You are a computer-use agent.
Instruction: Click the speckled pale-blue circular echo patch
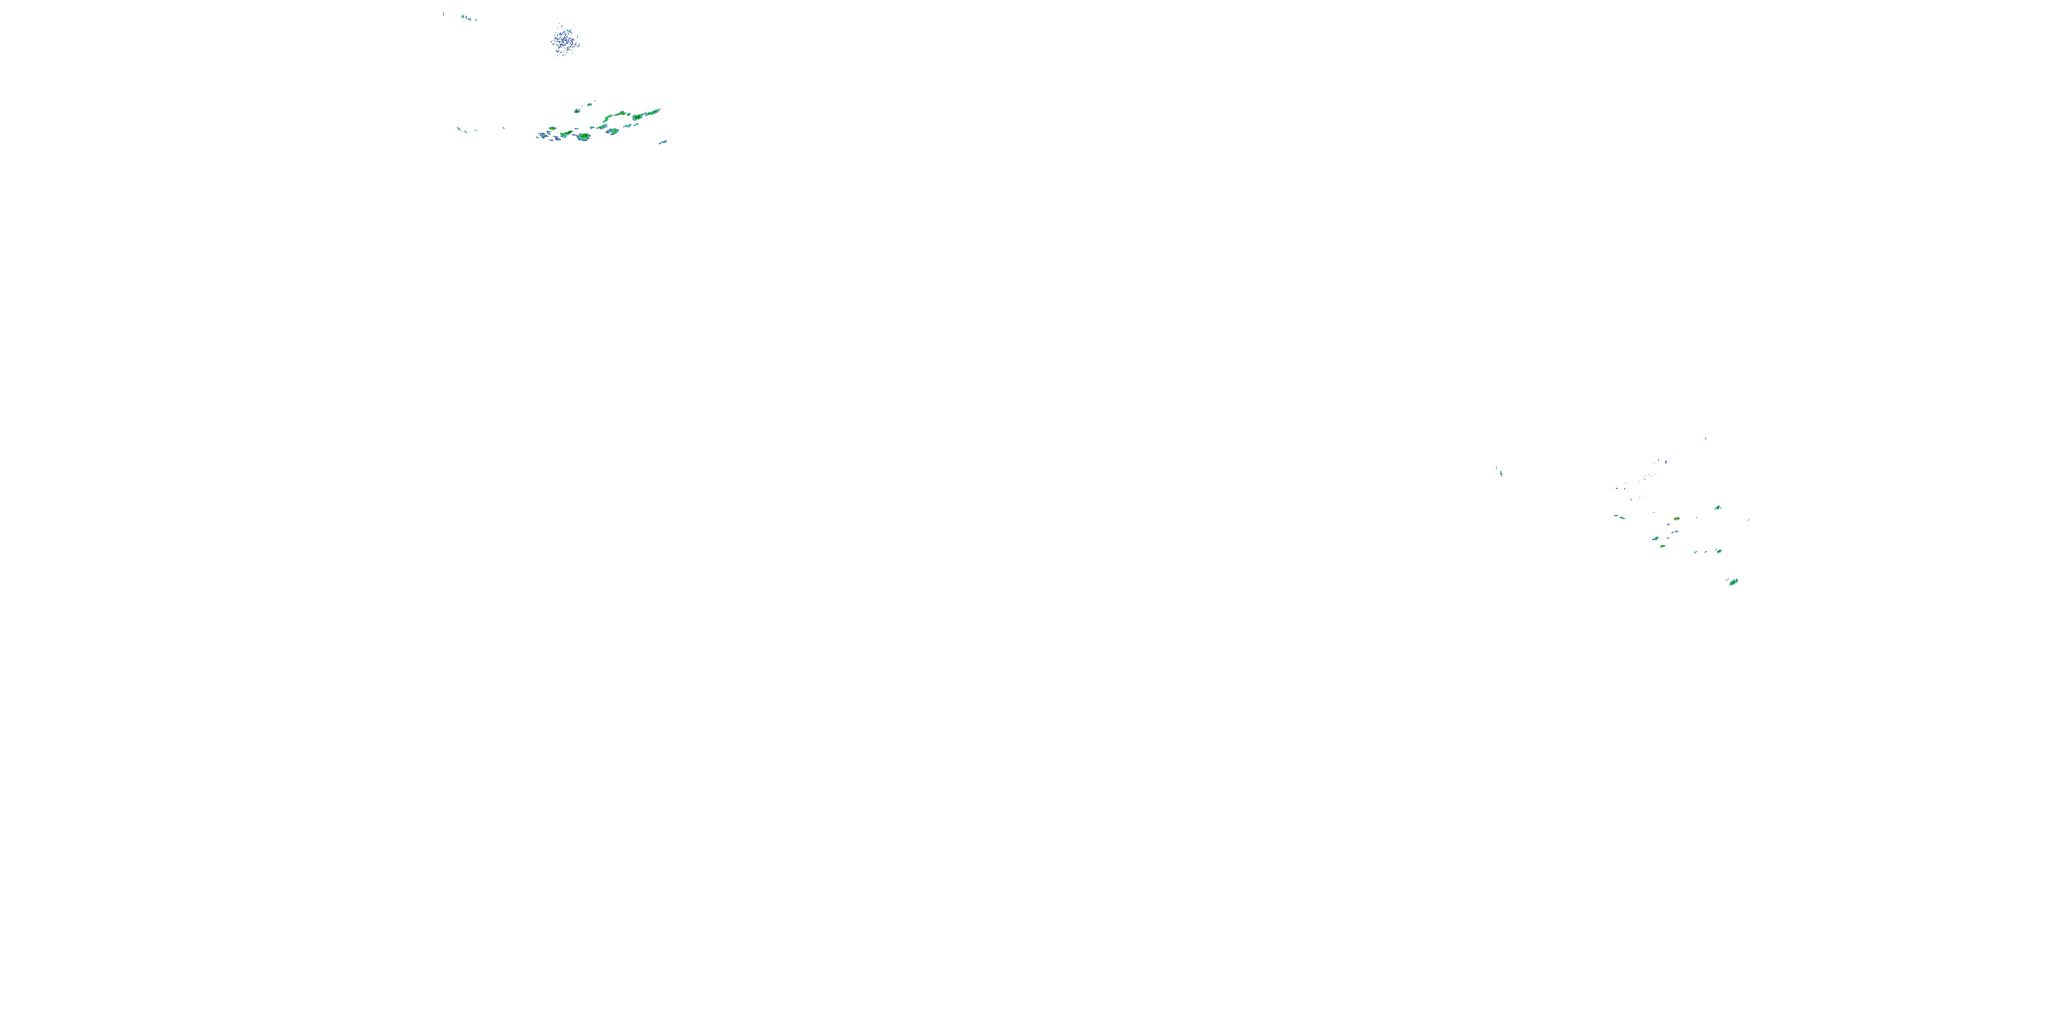click(565, 40)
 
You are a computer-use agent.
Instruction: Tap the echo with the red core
click(1677, 519)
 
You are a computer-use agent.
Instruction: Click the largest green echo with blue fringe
click(585, 136)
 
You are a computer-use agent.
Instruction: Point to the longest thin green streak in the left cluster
click(654, 112)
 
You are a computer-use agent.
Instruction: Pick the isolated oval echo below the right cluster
click(1734, 582)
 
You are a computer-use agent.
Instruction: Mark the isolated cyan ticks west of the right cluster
click(1499, 471)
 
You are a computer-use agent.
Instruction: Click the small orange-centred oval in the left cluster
click(553, 129)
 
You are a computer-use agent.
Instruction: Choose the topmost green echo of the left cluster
click(590, 105)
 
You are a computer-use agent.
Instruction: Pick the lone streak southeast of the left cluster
click(663, 142)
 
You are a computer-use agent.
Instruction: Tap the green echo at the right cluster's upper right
click(1718, 508)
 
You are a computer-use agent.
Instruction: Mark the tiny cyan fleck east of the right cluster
click(1749, 520)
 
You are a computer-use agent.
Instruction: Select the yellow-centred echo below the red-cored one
click(1663, 546)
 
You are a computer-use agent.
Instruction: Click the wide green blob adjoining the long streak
click(637, 117)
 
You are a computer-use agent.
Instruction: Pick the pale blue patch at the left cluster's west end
click(543, 136)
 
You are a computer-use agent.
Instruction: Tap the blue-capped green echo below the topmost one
click(577, 112)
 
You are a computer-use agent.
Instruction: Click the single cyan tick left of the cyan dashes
click(444, 14)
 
